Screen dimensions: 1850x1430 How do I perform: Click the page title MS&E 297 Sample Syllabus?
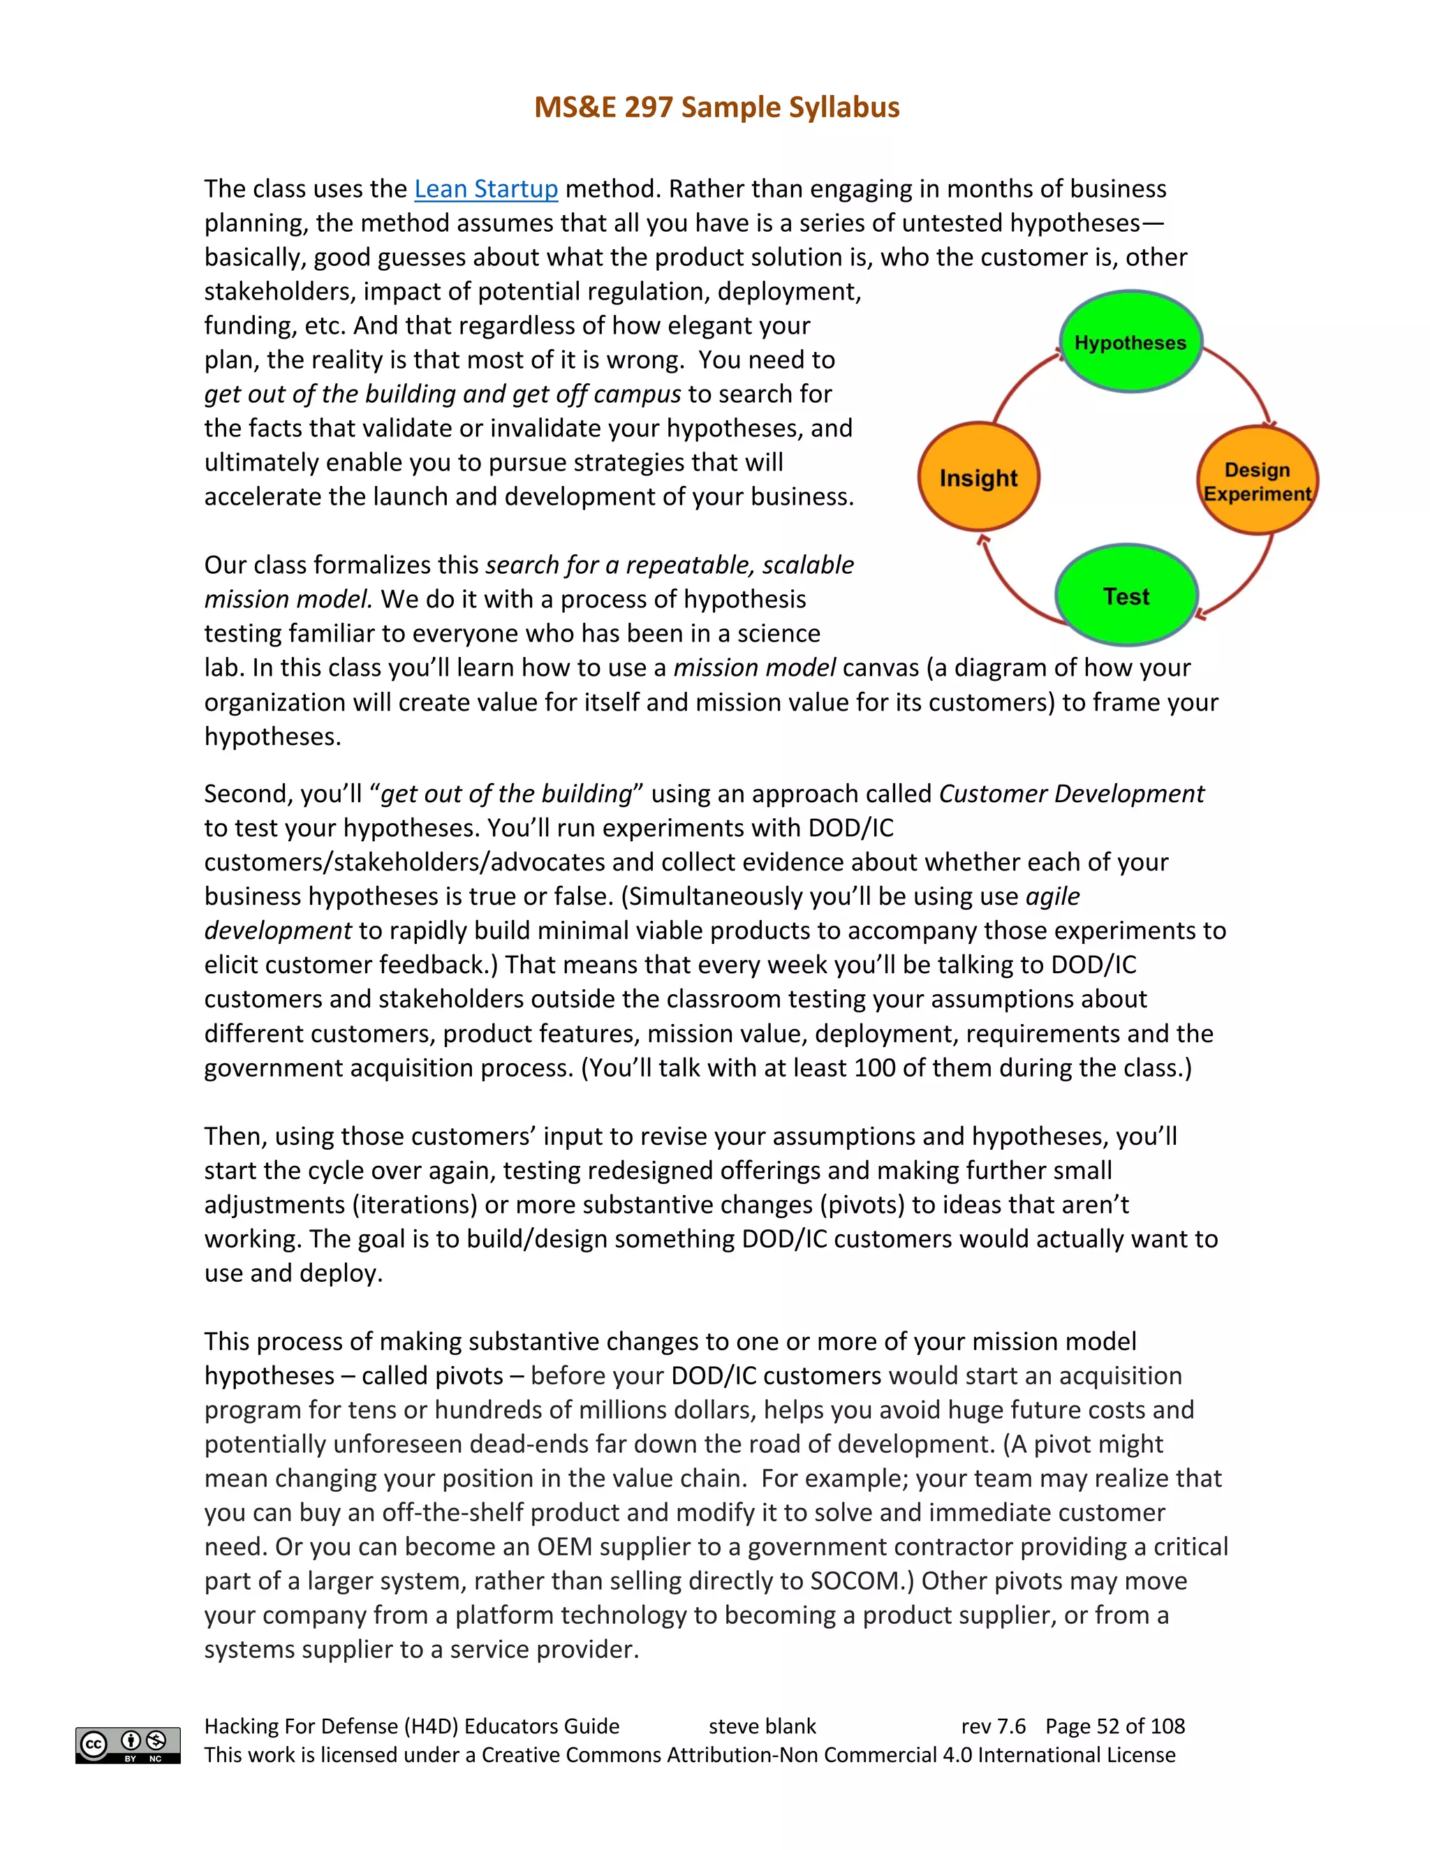716,108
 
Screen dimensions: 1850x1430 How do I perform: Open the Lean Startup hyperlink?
485,189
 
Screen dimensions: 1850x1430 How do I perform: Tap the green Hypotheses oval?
1130,341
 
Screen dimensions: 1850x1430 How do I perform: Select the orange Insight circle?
978,478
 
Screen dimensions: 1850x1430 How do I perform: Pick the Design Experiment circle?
1257,481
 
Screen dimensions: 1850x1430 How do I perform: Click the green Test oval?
1126,596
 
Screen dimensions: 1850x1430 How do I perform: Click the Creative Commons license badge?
128,1745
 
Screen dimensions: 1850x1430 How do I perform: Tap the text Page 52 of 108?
1115,1726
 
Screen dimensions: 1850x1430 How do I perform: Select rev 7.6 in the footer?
993,1726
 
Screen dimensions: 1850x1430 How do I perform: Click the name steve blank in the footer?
762,1726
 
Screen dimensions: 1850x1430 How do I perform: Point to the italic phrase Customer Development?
1071,794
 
